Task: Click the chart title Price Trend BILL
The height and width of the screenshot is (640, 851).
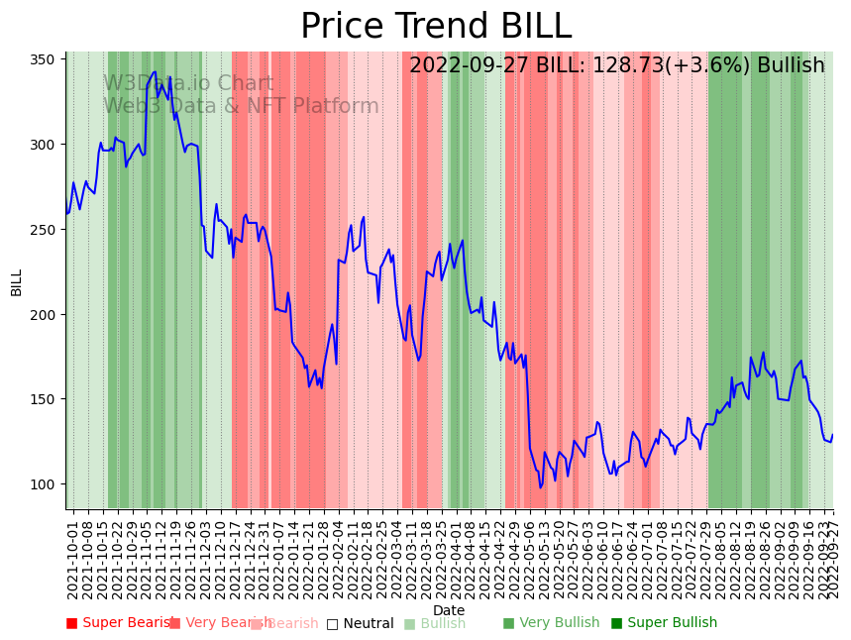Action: coord(436,27)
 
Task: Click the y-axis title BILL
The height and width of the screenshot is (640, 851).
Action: coord(17,282)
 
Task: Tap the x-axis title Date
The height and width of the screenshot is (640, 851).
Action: coord(449,611)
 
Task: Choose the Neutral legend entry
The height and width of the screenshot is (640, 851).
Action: coord(361,623)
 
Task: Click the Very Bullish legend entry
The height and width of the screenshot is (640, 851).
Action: coord(551,623)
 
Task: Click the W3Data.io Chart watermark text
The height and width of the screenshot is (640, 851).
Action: coord(188,83)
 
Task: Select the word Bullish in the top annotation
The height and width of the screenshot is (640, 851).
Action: coord(791,65)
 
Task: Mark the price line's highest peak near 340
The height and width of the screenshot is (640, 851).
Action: coord(155,71)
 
